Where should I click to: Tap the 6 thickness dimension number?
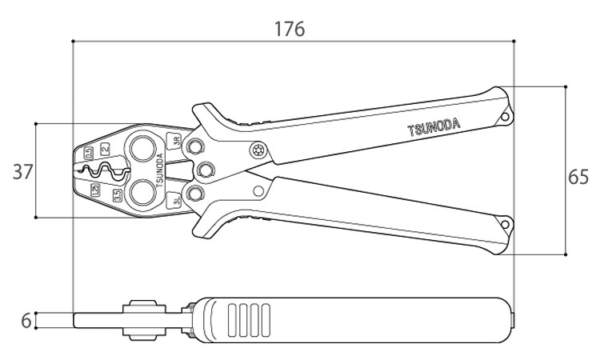click(26, 321)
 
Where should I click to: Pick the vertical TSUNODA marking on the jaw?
click(158, 170)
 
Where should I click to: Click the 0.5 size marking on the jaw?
click(88, 151)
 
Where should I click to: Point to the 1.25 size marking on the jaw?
click(94, 190)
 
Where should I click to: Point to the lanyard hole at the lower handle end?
click(506, 225)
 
